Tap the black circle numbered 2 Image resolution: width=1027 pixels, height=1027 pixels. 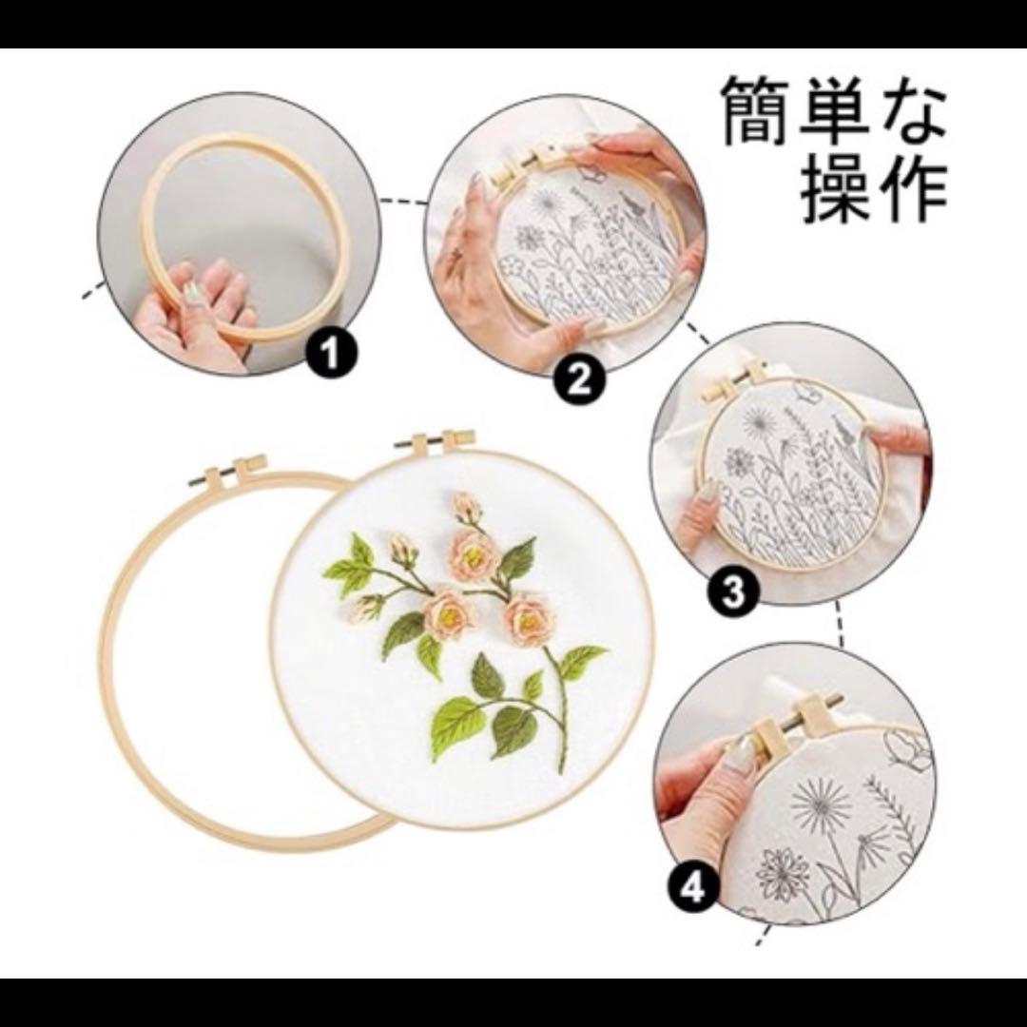(580, 380)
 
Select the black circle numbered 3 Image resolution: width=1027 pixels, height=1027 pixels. (733, 592)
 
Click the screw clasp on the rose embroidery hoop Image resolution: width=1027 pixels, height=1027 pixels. (436, 440)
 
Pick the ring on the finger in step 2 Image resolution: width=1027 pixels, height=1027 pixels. (455, 254)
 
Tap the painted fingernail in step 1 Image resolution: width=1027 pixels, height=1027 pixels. (191, 291)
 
